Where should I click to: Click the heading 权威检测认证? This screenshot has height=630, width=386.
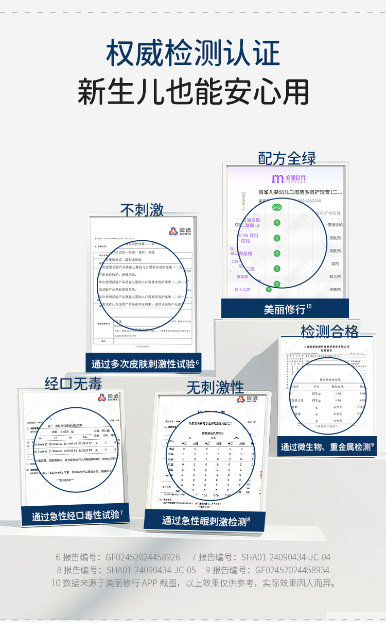pos(193,53)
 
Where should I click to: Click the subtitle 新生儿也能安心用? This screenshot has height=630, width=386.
pos(193,92)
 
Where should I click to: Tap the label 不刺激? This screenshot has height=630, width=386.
pos(142,209)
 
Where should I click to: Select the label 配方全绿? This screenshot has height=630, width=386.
pos(287,158)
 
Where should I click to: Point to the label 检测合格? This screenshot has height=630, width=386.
pos(330,330)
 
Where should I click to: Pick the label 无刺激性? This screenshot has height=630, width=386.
pos(215,387)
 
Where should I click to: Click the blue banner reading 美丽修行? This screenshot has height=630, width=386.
pos(285,309)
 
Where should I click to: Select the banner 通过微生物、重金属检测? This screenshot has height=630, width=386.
pos(327,447)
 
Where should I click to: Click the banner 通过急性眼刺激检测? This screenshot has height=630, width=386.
pos(204,521)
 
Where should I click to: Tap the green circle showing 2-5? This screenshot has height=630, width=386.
pos(277,207)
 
